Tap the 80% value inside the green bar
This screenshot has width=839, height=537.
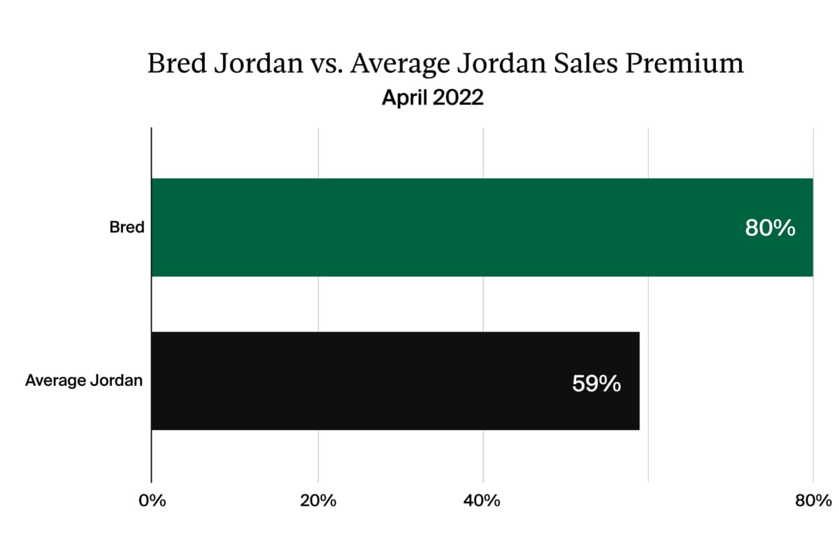coord(770,228)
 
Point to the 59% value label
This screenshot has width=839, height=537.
coord(596,384)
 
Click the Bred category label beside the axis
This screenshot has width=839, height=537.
coord(127,228)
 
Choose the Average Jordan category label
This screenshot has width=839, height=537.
coord(84,381)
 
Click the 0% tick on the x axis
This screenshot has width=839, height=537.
coord(152,501)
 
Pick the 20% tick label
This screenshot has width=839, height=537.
coord(318,501)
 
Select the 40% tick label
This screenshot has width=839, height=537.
coord(483,501)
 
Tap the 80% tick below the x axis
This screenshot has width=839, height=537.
coord(812,501)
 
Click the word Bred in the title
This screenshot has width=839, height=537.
coord(173,64)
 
